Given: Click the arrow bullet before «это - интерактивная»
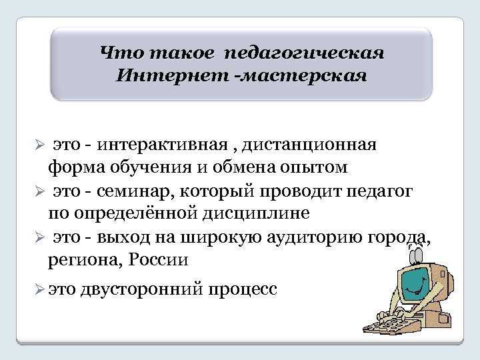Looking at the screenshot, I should tap(39, 145).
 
